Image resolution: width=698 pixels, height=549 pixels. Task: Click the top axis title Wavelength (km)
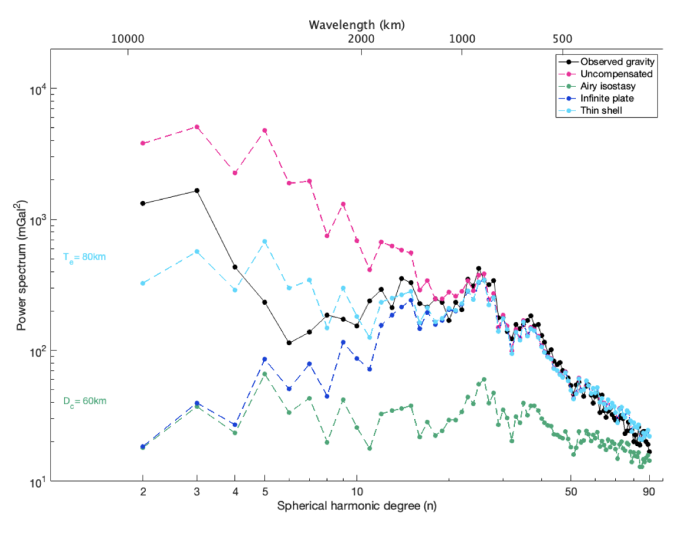pos(356,25)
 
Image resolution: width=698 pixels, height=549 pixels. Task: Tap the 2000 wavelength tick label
pos(361,38)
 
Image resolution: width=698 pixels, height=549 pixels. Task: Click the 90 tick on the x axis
pos(649,492)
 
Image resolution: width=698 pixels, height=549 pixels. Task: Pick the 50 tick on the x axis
pos(571,492)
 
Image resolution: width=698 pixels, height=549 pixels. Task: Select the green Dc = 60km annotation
pos(85,401)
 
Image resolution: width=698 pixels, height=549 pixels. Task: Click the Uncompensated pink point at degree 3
pos(197,126)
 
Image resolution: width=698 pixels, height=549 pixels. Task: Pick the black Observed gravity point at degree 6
pos(289,342)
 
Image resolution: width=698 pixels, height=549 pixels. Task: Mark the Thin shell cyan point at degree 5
pos(265,242)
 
